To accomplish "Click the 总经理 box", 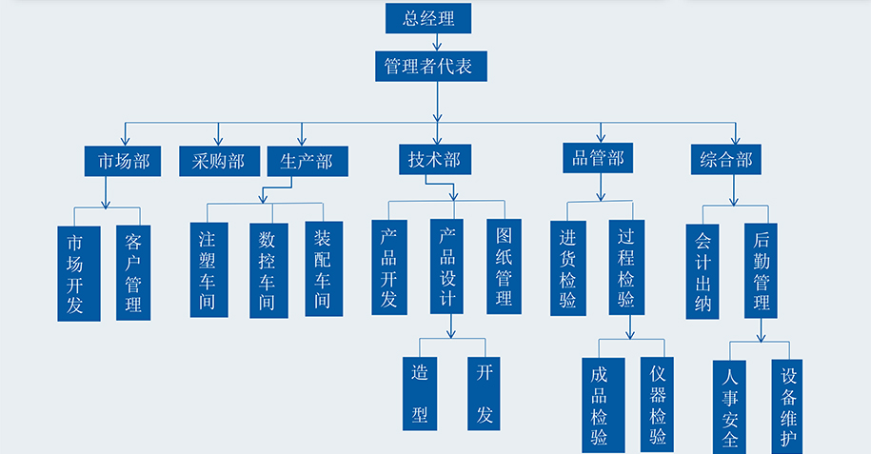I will pos(427,18).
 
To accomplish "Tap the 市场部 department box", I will pos(117,161).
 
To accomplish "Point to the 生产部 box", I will pos(307,161).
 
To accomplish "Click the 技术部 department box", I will pos(434,160).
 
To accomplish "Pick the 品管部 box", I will pos(598,158).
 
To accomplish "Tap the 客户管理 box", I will pos(133,272).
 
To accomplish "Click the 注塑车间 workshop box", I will pos(208,269).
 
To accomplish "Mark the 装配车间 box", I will pos(324,269).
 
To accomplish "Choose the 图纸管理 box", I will pos(504,266).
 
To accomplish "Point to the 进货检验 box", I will pos(568,267).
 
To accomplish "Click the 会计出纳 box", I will pos(703,271).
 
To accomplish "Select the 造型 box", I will pos(420,392).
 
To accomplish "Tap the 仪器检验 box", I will pos(658,405).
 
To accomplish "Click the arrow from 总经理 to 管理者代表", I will pos(437,42).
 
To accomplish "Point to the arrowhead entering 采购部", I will pos(219,141).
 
